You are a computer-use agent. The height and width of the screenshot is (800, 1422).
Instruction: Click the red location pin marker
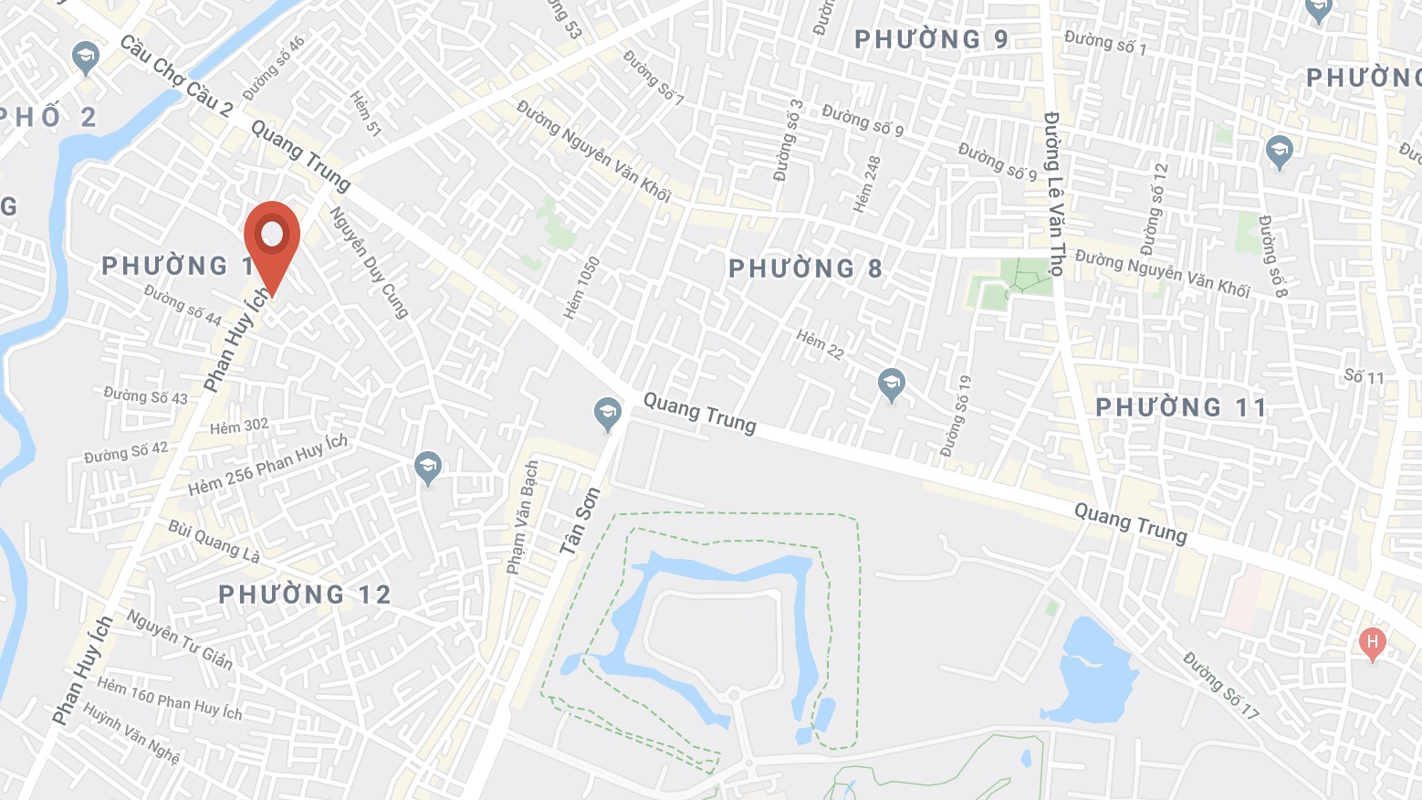tap(272, 237)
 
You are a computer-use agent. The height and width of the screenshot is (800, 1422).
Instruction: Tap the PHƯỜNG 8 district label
tap(805, 268)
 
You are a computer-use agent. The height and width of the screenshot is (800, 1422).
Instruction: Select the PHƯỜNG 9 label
tap(931, 39)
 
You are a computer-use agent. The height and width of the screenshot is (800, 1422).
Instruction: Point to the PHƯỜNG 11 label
tap(1181, 407)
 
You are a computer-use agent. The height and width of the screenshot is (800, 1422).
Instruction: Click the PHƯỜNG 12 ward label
tap(305, 595)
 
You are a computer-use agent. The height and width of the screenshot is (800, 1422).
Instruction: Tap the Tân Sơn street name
tap(580, 521)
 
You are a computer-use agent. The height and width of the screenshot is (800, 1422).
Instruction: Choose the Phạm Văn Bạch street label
tap(523, 517)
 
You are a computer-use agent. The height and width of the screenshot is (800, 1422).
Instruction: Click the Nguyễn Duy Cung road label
tap(369, 262)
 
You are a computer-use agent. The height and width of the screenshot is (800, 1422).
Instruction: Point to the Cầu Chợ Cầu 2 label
tap(176, 76)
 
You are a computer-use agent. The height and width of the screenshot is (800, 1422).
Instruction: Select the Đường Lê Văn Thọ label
tap(1055, 194)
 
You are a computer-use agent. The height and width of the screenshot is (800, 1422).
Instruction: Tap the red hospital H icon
tap(1372, 643)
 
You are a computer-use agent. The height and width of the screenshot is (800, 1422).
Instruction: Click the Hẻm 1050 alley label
tap(581, 288)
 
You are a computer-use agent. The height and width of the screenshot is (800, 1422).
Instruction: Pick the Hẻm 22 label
tap(820, 344)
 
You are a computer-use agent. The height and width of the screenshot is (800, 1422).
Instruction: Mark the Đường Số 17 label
tap(1221, 684)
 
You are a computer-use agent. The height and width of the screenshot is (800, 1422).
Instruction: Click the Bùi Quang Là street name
tap(214, 542)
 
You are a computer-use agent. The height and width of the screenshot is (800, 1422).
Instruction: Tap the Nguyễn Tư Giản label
tap(179, 638)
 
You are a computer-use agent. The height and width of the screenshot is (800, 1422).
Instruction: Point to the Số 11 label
tap(1364, 376)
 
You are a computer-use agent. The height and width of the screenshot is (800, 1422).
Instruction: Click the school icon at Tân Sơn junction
tap(607, 414)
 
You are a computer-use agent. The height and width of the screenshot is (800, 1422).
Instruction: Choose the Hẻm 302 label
tap(239, 426)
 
